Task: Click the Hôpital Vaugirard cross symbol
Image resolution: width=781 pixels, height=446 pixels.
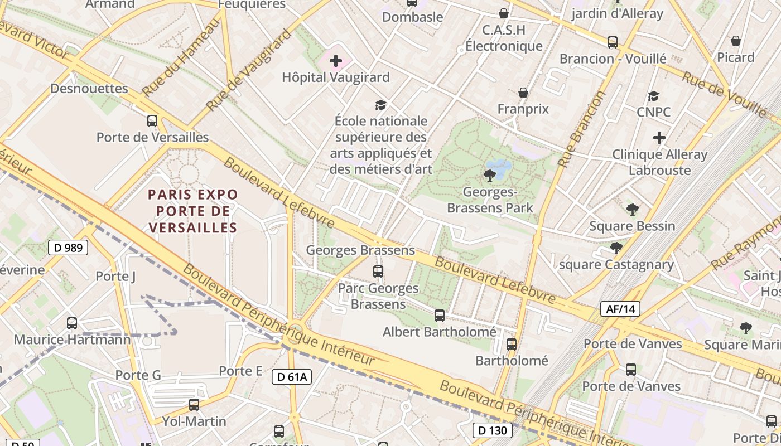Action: point(336,60)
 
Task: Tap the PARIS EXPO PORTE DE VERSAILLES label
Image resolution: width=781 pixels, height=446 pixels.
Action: point(193,211)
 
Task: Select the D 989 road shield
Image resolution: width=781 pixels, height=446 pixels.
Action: point(68,248)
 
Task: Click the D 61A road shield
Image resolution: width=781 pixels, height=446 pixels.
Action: point(292,377)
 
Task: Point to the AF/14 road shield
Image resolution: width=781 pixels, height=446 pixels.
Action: point(620,309)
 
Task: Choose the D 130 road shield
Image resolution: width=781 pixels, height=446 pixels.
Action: point(493,430)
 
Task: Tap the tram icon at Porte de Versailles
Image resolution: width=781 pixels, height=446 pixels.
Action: point(152,121)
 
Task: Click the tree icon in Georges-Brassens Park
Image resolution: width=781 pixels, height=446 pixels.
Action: point(490,176)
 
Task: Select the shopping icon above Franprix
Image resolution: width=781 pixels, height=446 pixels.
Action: point(523,93)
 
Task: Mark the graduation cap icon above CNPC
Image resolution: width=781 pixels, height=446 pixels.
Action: point(653,96)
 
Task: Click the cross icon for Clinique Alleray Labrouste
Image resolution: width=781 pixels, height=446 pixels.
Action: point(659,138)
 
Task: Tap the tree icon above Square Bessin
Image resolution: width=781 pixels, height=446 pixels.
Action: point(632,210)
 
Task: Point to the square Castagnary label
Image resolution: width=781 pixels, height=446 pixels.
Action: point(616,265)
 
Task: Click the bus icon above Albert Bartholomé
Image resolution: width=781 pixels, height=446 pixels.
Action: point(440,316)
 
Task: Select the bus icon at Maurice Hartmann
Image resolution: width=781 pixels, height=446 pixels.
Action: point(72,323)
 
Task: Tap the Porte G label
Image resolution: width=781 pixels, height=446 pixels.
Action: point(138,375)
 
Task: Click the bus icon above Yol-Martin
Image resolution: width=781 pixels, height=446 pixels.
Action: point(194,405)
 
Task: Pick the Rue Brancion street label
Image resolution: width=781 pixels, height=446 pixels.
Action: point(582,129)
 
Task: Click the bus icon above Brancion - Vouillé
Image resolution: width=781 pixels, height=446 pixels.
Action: point(613,42)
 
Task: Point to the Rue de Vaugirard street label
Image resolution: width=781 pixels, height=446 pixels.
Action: point(249,70)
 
